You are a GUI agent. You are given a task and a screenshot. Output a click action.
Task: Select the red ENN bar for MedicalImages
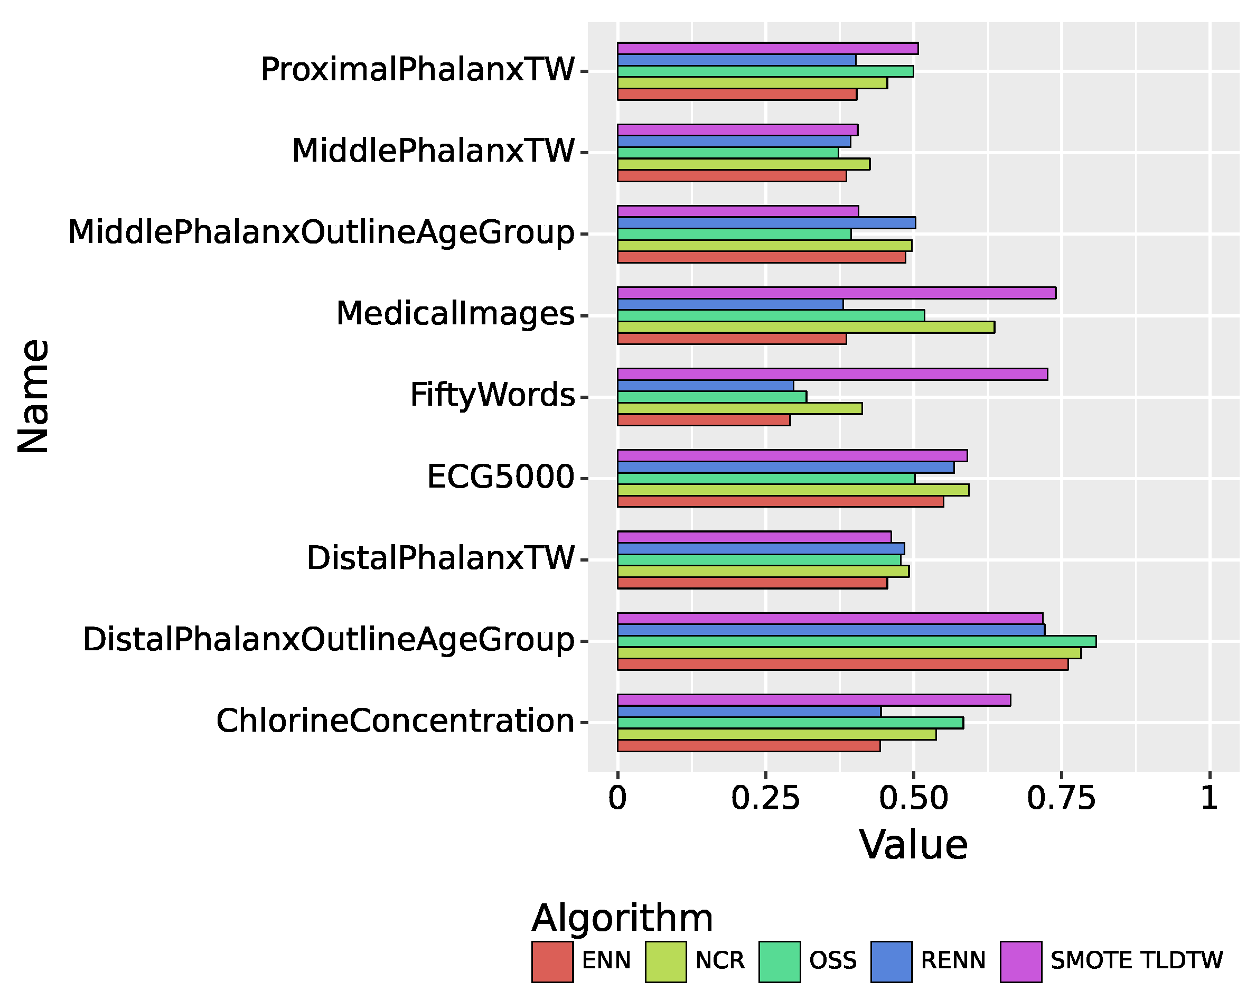pyautogui.click(x=731, y=339)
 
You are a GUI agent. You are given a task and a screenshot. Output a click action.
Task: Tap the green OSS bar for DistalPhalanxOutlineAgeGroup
pyautogui.click(x=856, y=641)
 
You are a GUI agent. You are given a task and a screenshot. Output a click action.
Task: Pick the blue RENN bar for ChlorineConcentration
pyautogui.click(x=748, y=712)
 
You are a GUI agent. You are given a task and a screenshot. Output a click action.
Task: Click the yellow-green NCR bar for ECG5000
pyautogui.click(x=792, y=490)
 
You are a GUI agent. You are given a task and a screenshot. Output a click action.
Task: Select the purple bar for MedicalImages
pyautogui.click(x=836, y=293)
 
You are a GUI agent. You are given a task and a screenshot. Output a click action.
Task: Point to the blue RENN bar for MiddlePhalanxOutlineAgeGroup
pyautogui.click(x=766, y=222)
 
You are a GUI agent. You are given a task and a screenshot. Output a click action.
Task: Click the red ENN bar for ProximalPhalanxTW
pyautogui.click(x=737, y=95)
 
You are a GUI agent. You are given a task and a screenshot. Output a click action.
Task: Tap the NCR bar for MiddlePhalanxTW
pyautogui.click(x=743, y=164)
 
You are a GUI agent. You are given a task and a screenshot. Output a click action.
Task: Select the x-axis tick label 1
pyautogui.click(x=1210, y=797)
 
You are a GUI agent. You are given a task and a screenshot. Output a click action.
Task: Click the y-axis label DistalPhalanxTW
pyautogui.click(x=440, y=558)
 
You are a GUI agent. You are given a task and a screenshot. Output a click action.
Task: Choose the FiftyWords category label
pyautogui.click(x=492, y=395)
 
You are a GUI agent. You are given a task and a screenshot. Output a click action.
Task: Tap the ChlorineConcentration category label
pyautogui.click(x=395, y=721)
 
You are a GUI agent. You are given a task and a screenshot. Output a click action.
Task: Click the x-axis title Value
pyautogui.click(x=913, y=845)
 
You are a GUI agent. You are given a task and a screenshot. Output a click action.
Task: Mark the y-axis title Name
pyautogui.click(x=33, y=396)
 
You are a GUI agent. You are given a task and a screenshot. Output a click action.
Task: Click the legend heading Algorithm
pyautogui.click(x=622, y=919)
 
